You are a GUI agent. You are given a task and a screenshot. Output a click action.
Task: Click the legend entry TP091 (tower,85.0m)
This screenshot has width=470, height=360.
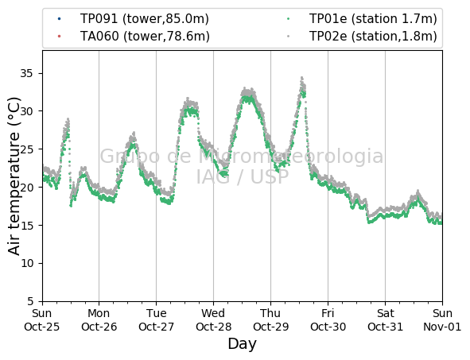click(x=144, y=19)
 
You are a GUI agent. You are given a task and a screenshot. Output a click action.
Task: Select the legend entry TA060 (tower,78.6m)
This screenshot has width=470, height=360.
click(x=145, y=37)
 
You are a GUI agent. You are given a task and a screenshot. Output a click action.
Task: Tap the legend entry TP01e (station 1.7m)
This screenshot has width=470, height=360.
click(x=373, y=19)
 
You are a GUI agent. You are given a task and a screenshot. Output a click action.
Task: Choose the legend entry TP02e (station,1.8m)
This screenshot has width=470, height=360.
click(x=373, y=37)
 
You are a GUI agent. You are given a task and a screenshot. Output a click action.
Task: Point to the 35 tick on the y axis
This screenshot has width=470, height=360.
click(x=42, y=73)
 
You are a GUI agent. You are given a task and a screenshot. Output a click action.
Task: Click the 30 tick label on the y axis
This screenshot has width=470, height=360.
click(x=26, y=111)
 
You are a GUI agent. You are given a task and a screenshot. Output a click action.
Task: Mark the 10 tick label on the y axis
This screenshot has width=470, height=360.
click(x=26, y=264)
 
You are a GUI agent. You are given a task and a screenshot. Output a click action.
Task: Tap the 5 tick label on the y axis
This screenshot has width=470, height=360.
click(x=30, y=301)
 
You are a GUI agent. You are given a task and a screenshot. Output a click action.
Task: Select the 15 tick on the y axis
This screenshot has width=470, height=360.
click(x=42, y=225)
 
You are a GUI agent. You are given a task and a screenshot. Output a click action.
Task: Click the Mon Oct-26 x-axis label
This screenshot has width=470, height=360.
click(x=99, y=319)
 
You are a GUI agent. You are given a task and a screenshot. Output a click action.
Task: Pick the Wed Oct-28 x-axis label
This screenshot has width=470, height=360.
click(x=213, y=319)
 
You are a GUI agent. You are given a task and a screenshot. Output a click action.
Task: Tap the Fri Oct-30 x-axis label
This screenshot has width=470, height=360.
click(x=328, y=319)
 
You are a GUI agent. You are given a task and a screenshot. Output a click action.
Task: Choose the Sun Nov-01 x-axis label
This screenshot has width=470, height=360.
click(x=442, y=319)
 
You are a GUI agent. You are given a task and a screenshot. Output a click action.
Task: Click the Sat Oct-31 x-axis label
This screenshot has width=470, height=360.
click(x=385, y=319)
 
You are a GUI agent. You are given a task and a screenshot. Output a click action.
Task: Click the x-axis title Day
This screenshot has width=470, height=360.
click(x=243, y=344)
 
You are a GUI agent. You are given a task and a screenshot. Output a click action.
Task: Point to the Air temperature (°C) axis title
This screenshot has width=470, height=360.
click(x=14, y=176)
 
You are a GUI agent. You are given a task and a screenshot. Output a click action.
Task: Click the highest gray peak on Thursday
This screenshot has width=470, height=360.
click(x=302, y=78)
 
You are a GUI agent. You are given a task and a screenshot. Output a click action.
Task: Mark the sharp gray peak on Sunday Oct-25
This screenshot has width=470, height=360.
click(x=68, y=119)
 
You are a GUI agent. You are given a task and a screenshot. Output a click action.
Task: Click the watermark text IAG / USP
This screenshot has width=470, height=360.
click(x=243, y=176)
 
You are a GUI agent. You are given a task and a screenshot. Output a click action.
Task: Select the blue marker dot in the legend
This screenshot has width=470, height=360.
click(x=59, y=19)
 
